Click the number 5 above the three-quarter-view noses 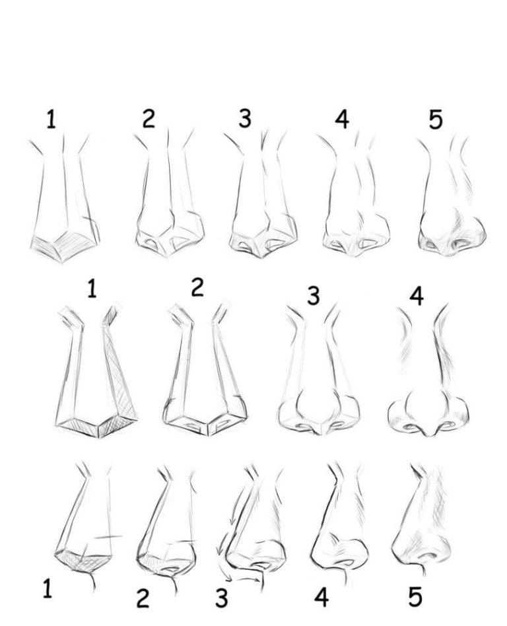click(x=435, y=120)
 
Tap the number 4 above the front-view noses click(x=416, y=296)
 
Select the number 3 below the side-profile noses click(x=222, y=598)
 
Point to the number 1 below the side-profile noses click(x=48, y=588)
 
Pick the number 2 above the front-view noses click(x=197, y=288)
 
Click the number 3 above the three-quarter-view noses click(x=245, y=119)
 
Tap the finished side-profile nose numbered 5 click(x=422, y=522)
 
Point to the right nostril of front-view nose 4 click(x=448, y=427)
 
